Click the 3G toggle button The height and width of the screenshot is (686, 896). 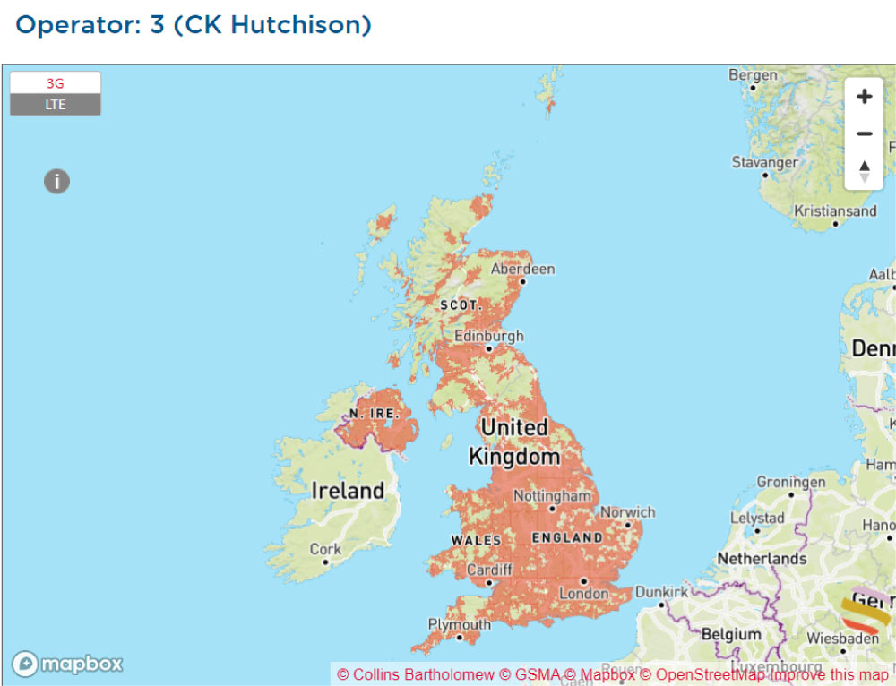click(x=56, y=83)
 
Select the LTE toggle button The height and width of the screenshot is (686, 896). click(x=56, y=105)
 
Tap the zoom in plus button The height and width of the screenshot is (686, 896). click(x=864, y=97)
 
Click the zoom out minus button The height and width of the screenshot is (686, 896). click(x=864, y=133)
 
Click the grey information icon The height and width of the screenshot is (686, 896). click(x=56, y=182)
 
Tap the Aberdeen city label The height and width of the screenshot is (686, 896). click(x=523, y=269)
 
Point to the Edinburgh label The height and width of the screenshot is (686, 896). click(x=488, y=337)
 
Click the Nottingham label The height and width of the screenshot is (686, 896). click(x=552, y=495)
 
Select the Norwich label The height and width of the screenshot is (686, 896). click(x=628, y=512)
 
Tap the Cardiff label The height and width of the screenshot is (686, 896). click(x=490, y=570)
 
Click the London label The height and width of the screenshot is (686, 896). click(x=583, y=593)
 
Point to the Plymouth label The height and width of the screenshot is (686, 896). click(x=460, y=624)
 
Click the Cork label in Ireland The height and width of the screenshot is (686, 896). click(x=325, y=549)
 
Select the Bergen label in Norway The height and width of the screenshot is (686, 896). click(x=753, y=75)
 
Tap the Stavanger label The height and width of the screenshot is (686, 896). click(x=764, y=163)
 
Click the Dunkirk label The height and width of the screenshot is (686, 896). click(x=661, y=592)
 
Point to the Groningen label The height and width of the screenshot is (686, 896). click(x=791, y=482)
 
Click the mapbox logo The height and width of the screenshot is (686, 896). click(x=67, y=664)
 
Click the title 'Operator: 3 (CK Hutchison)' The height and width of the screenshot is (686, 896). click(x=194, y=24)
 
